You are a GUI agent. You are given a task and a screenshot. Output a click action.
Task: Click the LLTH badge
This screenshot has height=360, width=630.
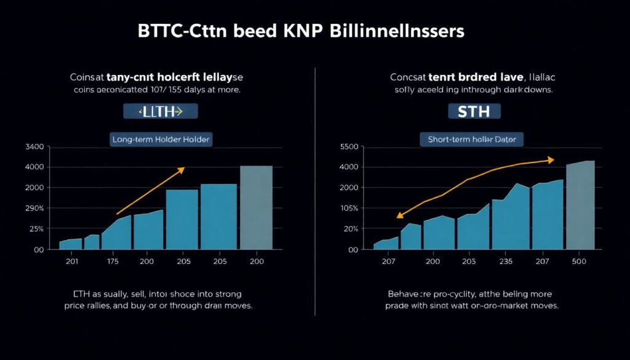point(160,111)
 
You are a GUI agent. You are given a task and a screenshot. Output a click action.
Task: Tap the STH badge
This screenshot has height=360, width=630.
point(475,111)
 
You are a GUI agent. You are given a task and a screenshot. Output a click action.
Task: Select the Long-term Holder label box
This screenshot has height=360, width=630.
point(161,140)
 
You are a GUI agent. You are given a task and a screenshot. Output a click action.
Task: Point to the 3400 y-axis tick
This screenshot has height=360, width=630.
point(34,146)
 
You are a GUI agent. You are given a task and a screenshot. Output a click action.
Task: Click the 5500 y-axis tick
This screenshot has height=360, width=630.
point(349,146)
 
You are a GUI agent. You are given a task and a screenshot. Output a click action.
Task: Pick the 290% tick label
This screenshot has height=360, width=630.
point(34,209)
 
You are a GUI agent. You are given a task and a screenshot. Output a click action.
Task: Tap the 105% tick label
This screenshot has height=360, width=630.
point(349,209)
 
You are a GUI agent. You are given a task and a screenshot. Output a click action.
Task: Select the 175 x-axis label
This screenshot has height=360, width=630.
point(113,262)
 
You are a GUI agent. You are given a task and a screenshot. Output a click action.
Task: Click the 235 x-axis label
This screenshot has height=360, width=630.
point(507,262)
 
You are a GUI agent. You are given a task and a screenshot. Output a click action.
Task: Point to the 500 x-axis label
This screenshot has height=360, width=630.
point(579,262)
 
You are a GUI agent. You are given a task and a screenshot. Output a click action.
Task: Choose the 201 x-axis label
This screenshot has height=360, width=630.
point(73,262)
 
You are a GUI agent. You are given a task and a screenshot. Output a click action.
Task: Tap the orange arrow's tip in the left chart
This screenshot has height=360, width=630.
point(183,168)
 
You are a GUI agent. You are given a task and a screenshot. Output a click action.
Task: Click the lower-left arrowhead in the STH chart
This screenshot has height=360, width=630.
point(399,216)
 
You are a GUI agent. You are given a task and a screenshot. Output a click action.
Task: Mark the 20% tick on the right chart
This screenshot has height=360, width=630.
point(350,229)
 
